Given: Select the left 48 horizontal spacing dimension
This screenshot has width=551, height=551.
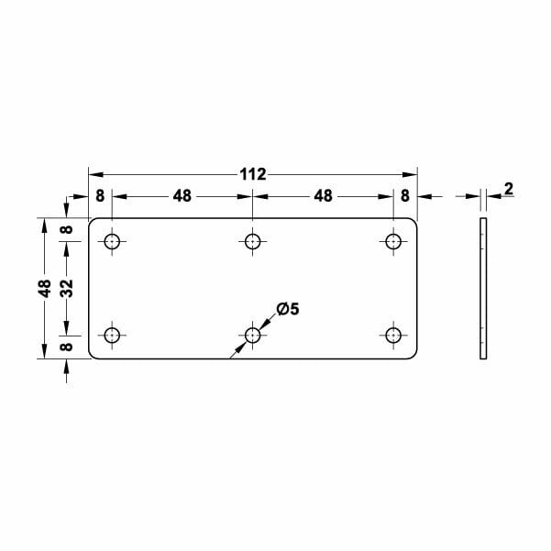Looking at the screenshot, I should (182, 196).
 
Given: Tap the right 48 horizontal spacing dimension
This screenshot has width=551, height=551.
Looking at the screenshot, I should (323, 196).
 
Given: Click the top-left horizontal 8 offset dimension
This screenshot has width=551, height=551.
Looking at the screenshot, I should (100, 196).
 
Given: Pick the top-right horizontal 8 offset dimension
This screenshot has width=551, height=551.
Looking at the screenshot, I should (405, 196).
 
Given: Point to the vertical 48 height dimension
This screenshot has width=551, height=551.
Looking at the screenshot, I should (44, 288).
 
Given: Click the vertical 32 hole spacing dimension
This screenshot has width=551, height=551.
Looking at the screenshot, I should (67, 288).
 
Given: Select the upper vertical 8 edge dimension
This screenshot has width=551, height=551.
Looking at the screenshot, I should (67, 229).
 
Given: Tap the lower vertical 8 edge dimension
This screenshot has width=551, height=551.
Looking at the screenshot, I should (67, 347).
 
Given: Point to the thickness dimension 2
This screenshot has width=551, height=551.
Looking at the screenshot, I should (508, 190).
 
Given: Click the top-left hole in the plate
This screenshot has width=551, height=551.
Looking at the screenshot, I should (112, 242).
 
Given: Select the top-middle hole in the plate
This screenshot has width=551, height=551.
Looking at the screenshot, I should (253, 242).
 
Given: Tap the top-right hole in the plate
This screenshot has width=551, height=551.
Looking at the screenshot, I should (393, 242).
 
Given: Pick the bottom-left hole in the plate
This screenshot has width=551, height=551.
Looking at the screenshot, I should (112, 336).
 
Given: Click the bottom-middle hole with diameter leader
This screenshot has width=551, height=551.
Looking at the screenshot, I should (253, 336).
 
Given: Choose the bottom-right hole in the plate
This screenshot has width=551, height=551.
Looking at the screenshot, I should (393, 336).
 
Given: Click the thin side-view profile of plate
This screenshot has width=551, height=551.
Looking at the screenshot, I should (483, 288).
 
